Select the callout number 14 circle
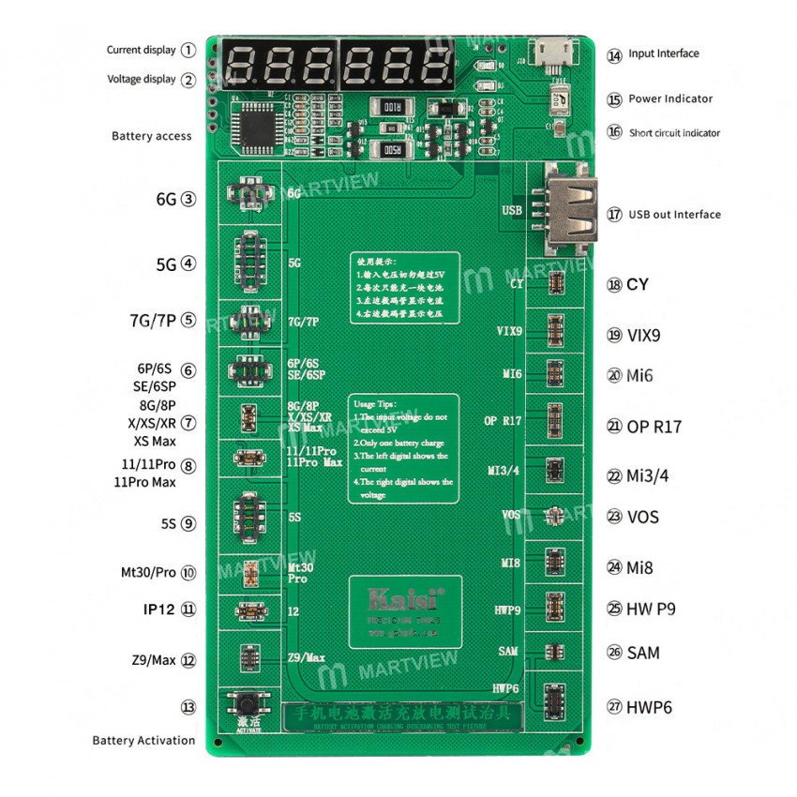614,54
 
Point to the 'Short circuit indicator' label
674,133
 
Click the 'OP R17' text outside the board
656,427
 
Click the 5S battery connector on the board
248,517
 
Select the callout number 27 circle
614,707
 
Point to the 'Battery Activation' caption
143,741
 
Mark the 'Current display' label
141,50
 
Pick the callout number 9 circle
188,524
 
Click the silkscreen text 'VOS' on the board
511,515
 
